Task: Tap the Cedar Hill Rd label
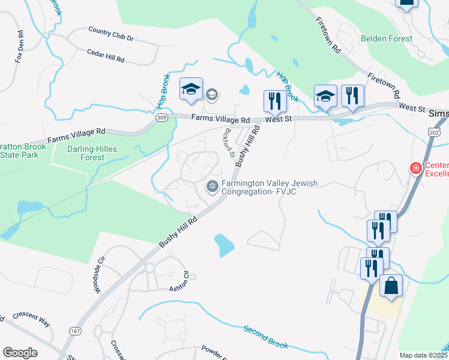click(106, 56)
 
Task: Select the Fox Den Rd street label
click(20, 47)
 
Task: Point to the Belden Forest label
click(387, 38)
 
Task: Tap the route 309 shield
click(161, 118)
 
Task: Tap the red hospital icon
click(415, 169)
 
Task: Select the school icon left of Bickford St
click(191, 90)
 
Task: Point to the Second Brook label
click(266, 337)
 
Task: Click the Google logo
click(19, 352)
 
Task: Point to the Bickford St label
click(228, 142)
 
